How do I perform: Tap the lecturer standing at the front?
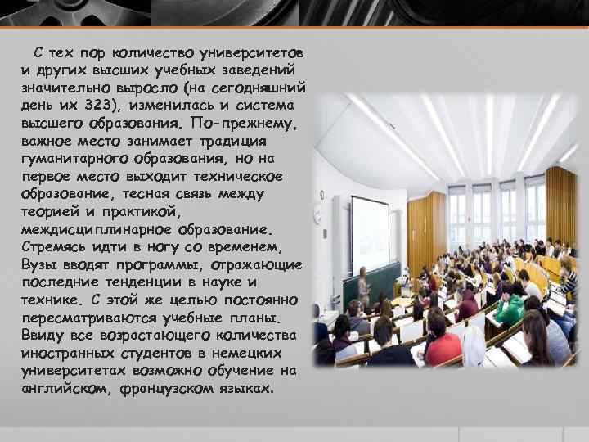(x=362, y=286)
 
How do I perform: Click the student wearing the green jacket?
(x=510, y=309)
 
